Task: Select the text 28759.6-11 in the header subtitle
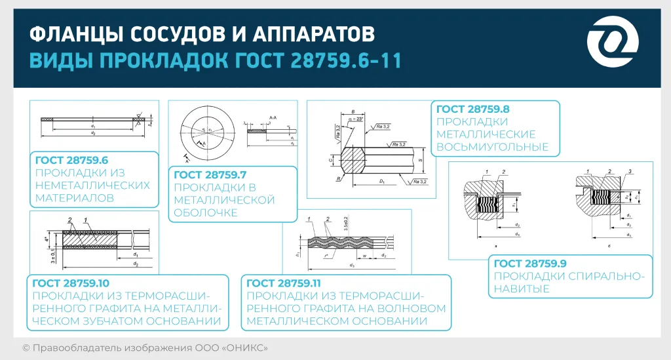pyautogui.click(x=342, y=60)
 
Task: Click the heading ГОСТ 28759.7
pyautogui.click(x=208, y=175)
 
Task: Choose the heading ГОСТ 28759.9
pyautogui.click(x=529, y=264)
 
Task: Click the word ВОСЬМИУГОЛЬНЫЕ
pyautogui.click(x=492, y=147)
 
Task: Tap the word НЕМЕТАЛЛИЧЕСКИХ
pyautogui.click(x=92, y=185)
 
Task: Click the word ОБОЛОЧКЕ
pyautogui.click(x=203, y=212)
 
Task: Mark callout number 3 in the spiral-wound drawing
pyautogui.click(x=628, y=171)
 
